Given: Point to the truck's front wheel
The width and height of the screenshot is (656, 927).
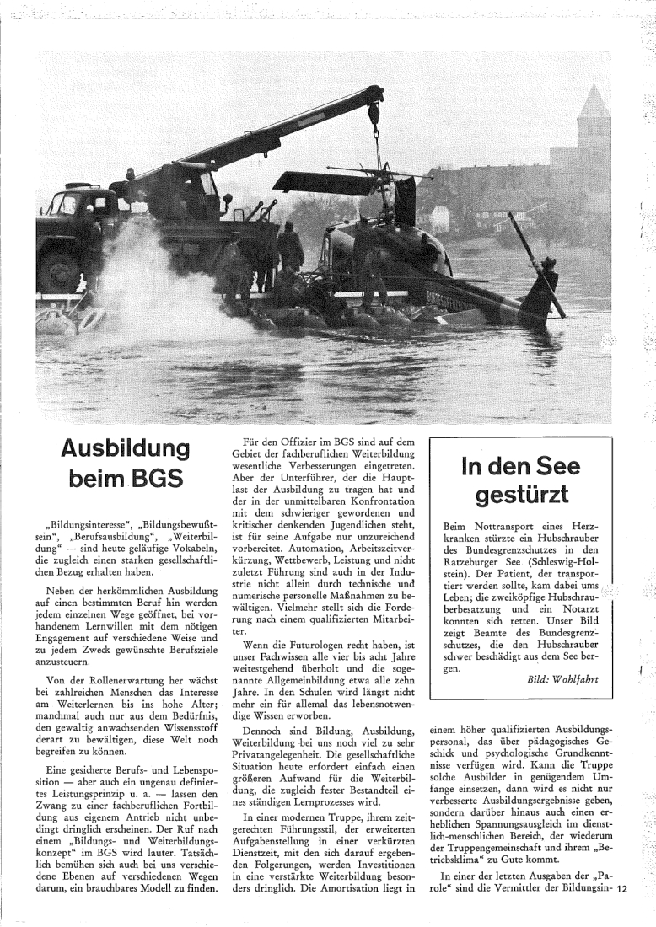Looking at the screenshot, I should point(60,270).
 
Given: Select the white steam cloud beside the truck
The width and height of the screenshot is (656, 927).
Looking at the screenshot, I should point(160,287).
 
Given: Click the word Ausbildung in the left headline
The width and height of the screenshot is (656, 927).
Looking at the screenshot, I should point(125,447).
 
